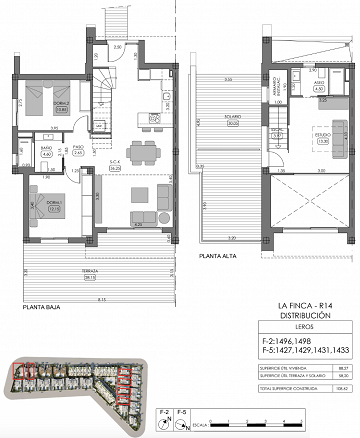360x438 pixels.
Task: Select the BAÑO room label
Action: tap(46, 151)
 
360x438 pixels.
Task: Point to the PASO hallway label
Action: tap(77, 151)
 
